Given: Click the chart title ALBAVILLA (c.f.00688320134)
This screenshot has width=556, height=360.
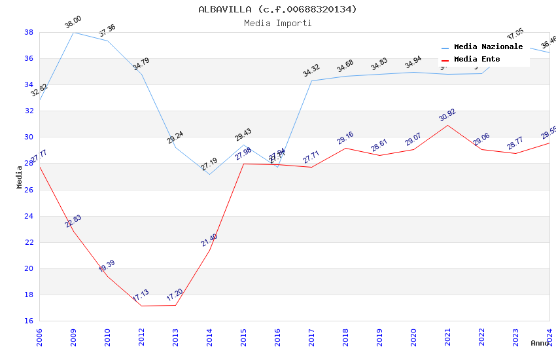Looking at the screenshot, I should click(278, 9).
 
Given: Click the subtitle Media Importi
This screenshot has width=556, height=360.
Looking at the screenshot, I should click(278, 23).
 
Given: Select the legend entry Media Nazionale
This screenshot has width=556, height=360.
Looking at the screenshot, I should click(488, 47).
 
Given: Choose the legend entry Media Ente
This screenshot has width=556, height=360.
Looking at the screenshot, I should click(477, 60).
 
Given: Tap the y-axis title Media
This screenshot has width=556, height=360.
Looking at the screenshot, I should click(20, 177).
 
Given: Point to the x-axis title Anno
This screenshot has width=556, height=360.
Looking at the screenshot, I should click(540, 343).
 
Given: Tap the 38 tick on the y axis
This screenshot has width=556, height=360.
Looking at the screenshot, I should click(29, 32).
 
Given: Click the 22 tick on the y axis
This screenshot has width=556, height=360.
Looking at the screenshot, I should click(29, 242).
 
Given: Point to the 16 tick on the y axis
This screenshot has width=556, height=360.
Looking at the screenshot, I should click(29, 321).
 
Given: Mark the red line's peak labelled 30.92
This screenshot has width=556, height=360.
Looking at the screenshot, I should click(447, 116).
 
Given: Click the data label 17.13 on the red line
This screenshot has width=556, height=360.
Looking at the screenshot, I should click(141, 297).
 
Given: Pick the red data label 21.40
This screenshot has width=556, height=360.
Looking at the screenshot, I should click(209, 240).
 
